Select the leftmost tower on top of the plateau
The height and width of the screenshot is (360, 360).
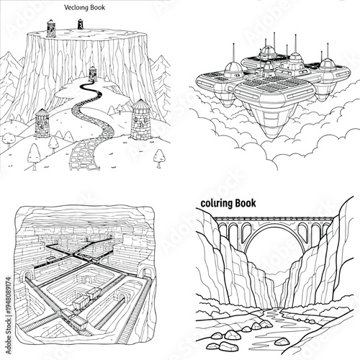pyautogui.click(x=50, y=27)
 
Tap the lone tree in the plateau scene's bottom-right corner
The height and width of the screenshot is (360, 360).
pyautogui.click(x=158, y=155)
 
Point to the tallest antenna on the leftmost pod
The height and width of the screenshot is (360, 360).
pyautogui.click(x=236, y=49)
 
